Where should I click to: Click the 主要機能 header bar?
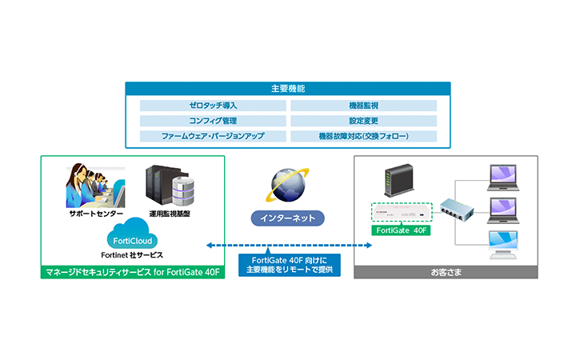(x=288, y=88)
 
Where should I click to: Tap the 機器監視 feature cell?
(x=363, y=106)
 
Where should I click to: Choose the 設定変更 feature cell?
(x=363, y=121)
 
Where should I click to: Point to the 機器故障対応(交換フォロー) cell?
(x=363, y=136)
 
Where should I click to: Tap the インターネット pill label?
(x=288, y=217)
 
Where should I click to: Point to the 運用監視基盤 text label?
(x=169, y=214)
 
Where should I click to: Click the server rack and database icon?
(x=170, y=186)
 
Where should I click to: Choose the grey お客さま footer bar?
(x=446, y=272)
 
